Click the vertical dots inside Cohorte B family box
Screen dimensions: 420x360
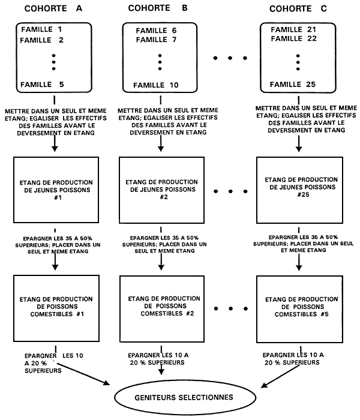[161, 62]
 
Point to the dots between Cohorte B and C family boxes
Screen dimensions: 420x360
[230, 59]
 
